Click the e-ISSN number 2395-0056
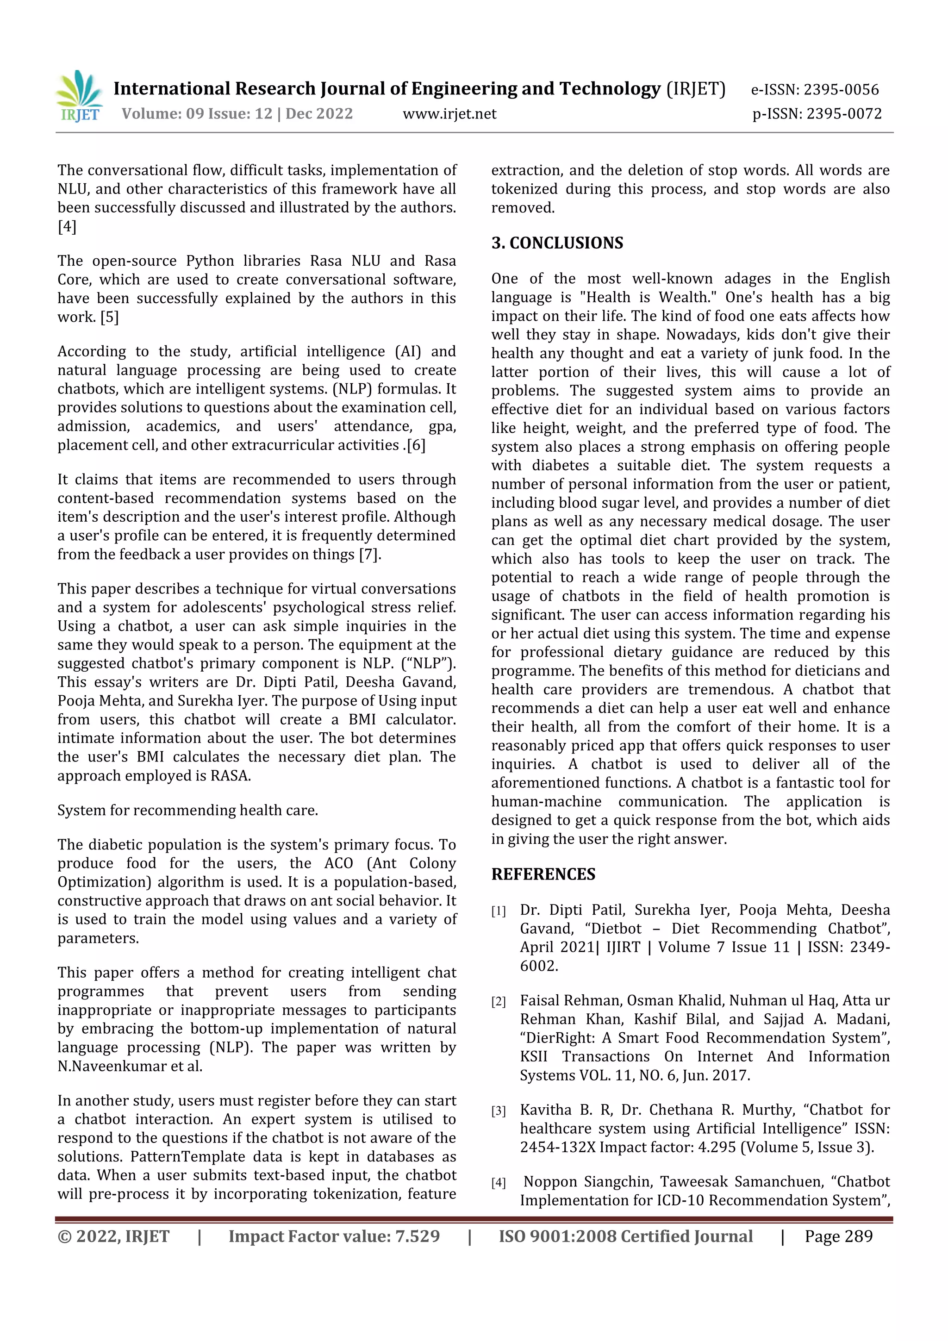click(x=841, y=90)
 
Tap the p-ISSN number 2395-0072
click(x=843, y=114)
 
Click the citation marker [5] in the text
click(x=109, y=317)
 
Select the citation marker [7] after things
click(x=368, y=554)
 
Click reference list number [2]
click(x=498, y=1002)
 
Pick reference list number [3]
click(x=498, y=1111)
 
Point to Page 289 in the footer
click(x=838, y=1236)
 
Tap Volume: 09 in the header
click(x=151, y=114)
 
